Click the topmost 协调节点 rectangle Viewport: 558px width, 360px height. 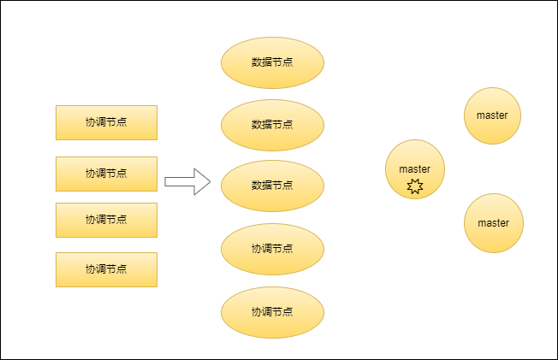click(106, 122)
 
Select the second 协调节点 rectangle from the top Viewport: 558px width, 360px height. click(106, 174)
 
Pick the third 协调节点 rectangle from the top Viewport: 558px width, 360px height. click(106, 220)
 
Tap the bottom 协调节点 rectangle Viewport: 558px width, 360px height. click(106, 269)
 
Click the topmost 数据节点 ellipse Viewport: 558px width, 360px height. click(272, 62)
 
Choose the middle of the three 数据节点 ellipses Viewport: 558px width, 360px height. click(272, 124)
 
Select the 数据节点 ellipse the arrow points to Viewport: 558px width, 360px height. click(272, 186)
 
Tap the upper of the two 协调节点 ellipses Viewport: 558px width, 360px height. click(272, 249)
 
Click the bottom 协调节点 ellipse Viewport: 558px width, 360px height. click(272, 312)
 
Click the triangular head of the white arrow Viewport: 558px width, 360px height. click(202, 181)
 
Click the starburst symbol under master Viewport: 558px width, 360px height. click(415, 186)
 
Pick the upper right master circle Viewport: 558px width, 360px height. click(493, 115)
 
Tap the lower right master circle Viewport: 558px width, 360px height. click(493, 223)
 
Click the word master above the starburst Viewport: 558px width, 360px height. click(415, 169)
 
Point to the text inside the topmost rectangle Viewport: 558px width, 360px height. click(106, 122)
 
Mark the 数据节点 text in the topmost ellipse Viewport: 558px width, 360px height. click(272, 62)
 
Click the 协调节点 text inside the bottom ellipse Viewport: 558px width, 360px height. click(272, 312)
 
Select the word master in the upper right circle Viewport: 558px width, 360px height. click(493, 115)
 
